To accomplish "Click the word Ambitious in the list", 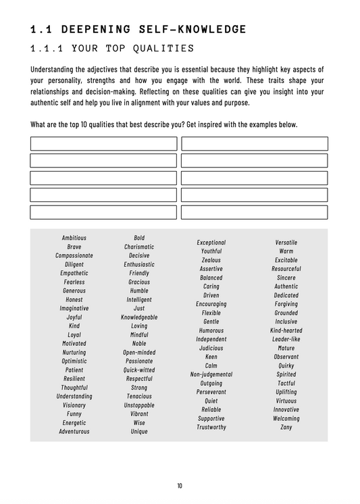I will click(x=74, y=238).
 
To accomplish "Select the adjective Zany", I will click(x=286, y=427).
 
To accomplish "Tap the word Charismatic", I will click(x=139, y=247).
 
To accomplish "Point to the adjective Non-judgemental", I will click(x=211, y=374).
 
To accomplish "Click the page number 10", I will click(x=180, y=486).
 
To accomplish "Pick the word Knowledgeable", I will click(x=139, y=317).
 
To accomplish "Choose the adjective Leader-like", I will click(x=286, y=339).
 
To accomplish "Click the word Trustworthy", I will click(x=211, y=427).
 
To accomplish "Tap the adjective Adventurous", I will click(x=74, y=431).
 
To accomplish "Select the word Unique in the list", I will click(x=139, y=431).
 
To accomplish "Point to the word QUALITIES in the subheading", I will click(x=160, y=49).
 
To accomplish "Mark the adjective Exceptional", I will click(x=211, y=243).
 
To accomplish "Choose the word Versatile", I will click(x=286, y=243).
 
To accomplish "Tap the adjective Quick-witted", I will click(x=139, y=370).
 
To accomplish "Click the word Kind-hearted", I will click(x=286, y=330).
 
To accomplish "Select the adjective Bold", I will click(x=139, y=238).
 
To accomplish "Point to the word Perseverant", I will click(x=211, y=392).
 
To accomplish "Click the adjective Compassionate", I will click(x=74, y=255).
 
